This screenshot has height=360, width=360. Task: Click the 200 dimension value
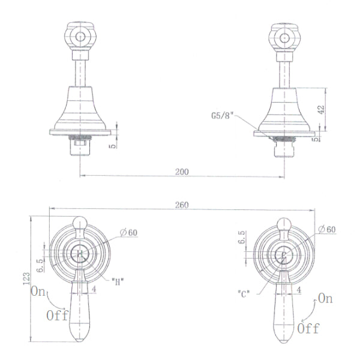coord(182,172)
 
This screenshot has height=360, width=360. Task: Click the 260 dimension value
coord(182,205)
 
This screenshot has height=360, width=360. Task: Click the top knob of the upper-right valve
coord(283,37)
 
